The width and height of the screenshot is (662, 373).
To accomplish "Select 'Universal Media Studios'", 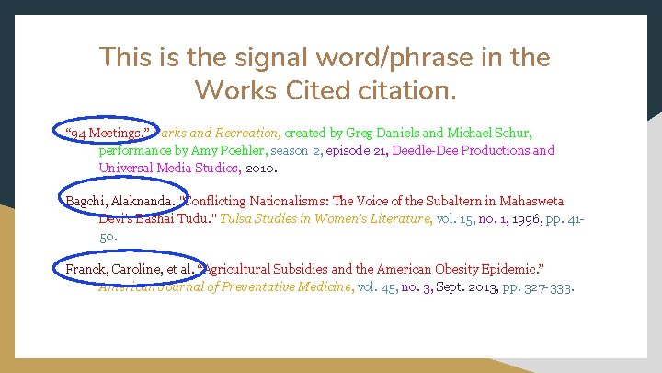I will (169, 167).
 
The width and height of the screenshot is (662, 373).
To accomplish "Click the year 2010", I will (263, 167).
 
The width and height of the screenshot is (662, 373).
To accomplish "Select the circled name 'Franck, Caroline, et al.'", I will (130, 269).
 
